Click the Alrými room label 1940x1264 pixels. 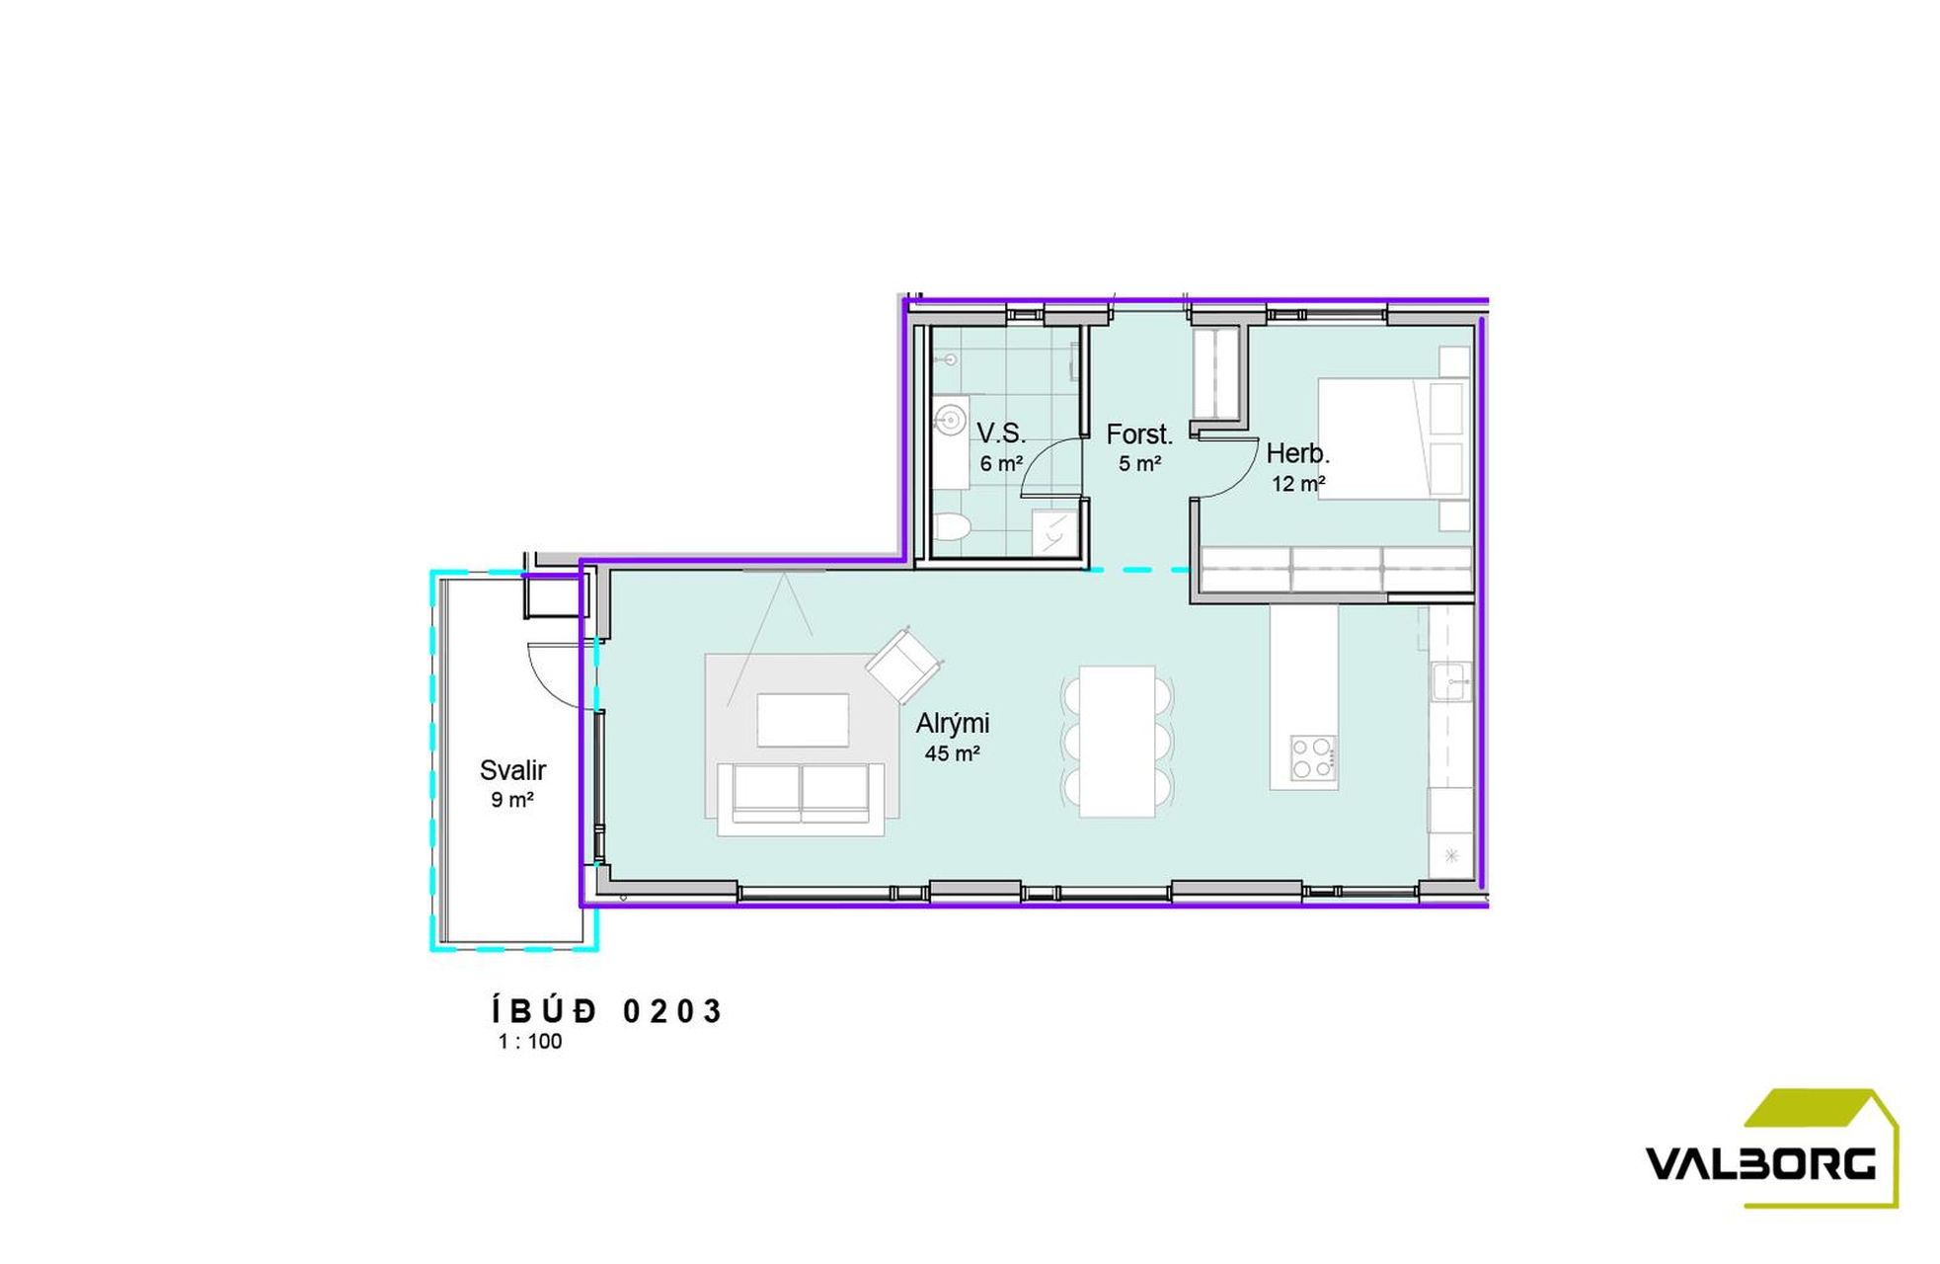click(952, 724)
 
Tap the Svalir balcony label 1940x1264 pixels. click(512, 770)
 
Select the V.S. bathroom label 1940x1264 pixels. click(1001, 434)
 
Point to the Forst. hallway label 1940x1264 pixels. click(1139, 434)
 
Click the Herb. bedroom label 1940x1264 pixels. click(1298, 454)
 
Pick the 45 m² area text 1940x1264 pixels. click(952, 754)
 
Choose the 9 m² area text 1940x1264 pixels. click(512, 800)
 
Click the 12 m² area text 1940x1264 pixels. click(1298, 484)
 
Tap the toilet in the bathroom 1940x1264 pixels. click(950, 527)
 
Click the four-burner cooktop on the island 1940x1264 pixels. click(1314, 758)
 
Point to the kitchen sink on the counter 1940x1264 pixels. click(1451, 681)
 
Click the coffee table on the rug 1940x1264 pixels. click(803, 720)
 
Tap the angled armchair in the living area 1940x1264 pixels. click(903, 667)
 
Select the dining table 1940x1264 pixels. click(1118, 742)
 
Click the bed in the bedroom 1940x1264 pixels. click(1393, 438)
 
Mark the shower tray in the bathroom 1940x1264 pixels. click(1054, 531)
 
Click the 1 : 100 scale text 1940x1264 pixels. click(530, 1042)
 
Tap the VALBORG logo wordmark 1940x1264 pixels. click(1760, 1164)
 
